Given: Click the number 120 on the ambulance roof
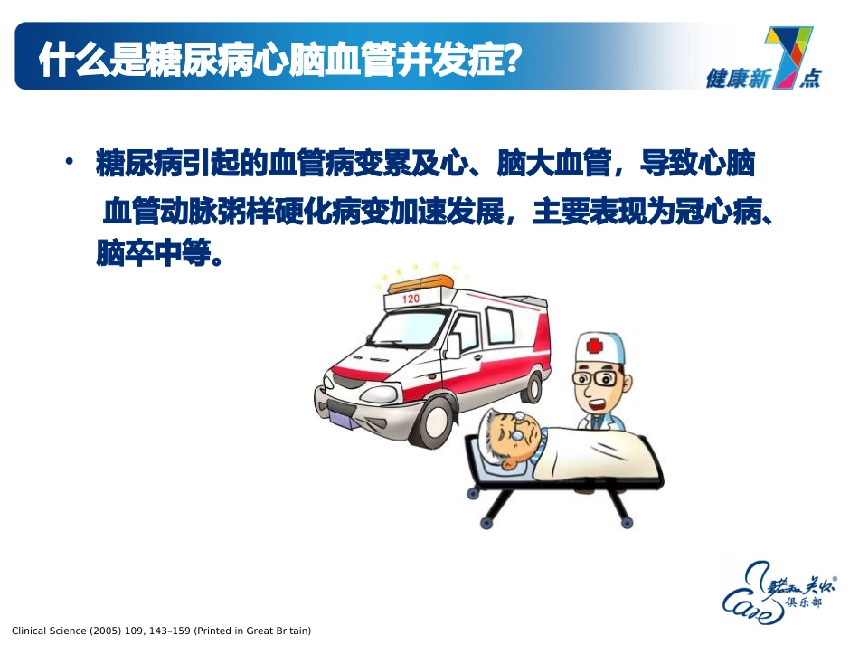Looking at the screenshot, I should pyautogui.click(x=411, y=299).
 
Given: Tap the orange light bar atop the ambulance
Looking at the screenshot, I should pyautogui.click(x=418, y=281).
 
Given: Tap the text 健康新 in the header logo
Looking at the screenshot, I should pyautogui.click(x=737, y=80).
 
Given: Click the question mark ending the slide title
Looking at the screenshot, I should pyautogui.click(x=512, y=62).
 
